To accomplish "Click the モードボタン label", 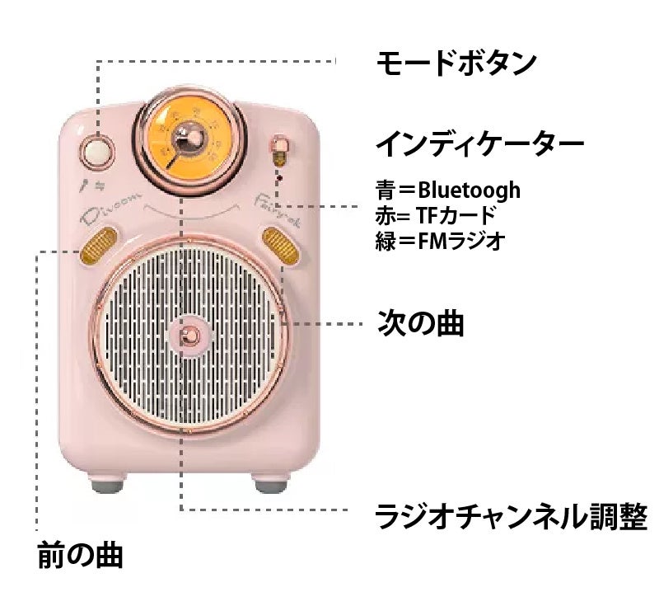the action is point(456,63).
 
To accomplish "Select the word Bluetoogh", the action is point(469,190).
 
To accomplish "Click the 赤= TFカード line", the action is point(436,215).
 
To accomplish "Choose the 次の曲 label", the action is point(420,322).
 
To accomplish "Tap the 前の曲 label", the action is point(81,555).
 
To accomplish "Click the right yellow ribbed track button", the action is point(278,245).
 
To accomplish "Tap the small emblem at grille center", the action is point(189,335).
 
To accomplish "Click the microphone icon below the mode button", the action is point(85,186).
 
